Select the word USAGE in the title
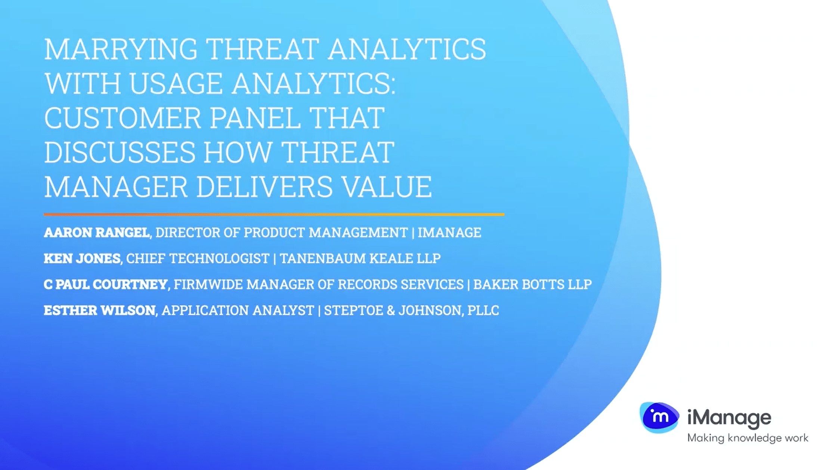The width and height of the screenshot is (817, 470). pos(176,83)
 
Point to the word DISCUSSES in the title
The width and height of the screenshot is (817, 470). pos(120,152)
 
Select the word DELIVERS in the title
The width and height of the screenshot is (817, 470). pos(264,187)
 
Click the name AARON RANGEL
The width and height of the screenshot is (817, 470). pos(97,233)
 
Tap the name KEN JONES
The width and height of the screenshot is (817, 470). pos(82,258)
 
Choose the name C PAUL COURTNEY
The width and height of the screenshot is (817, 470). pos(105,285)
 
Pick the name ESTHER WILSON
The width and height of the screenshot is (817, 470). pos(99,310)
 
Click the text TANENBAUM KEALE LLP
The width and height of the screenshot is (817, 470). pos(360,258)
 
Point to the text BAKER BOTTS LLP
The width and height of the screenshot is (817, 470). pos(532,285)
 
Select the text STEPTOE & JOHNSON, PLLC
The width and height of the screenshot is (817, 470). pos(411,310)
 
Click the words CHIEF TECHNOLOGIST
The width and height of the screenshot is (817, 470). pos(198,258)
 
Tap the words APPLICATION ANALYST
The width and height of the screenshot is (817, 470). pos(238,310)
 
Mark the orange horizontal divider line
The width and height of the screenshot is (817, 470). pos(274,215)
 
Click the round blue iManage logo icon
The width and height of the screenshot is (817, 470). pos(659,417)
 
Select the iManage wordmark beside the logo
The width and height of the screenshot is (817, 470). pos(729,418)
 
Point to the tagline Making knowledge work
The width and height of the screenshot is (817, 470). pos(748,438)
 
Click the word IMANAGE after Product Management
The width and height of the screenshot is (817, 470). pos(449,233)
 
